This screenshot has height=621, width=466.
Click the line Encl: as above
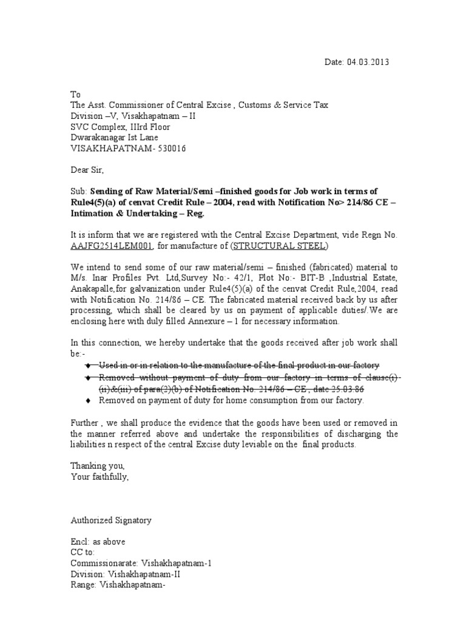click(98, 542)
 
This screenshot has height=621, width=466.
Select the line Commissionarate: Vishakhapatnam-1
click(141, 563)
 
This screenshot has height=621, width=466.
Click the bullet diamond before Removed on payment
click(88, 401)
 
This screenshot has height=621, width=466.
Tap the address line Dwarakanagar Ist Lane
click(118, 138)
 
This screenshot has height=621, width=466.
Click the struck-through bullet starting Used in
click(237, 365)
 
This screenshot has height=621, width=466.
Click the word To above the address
click(76, 95)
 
